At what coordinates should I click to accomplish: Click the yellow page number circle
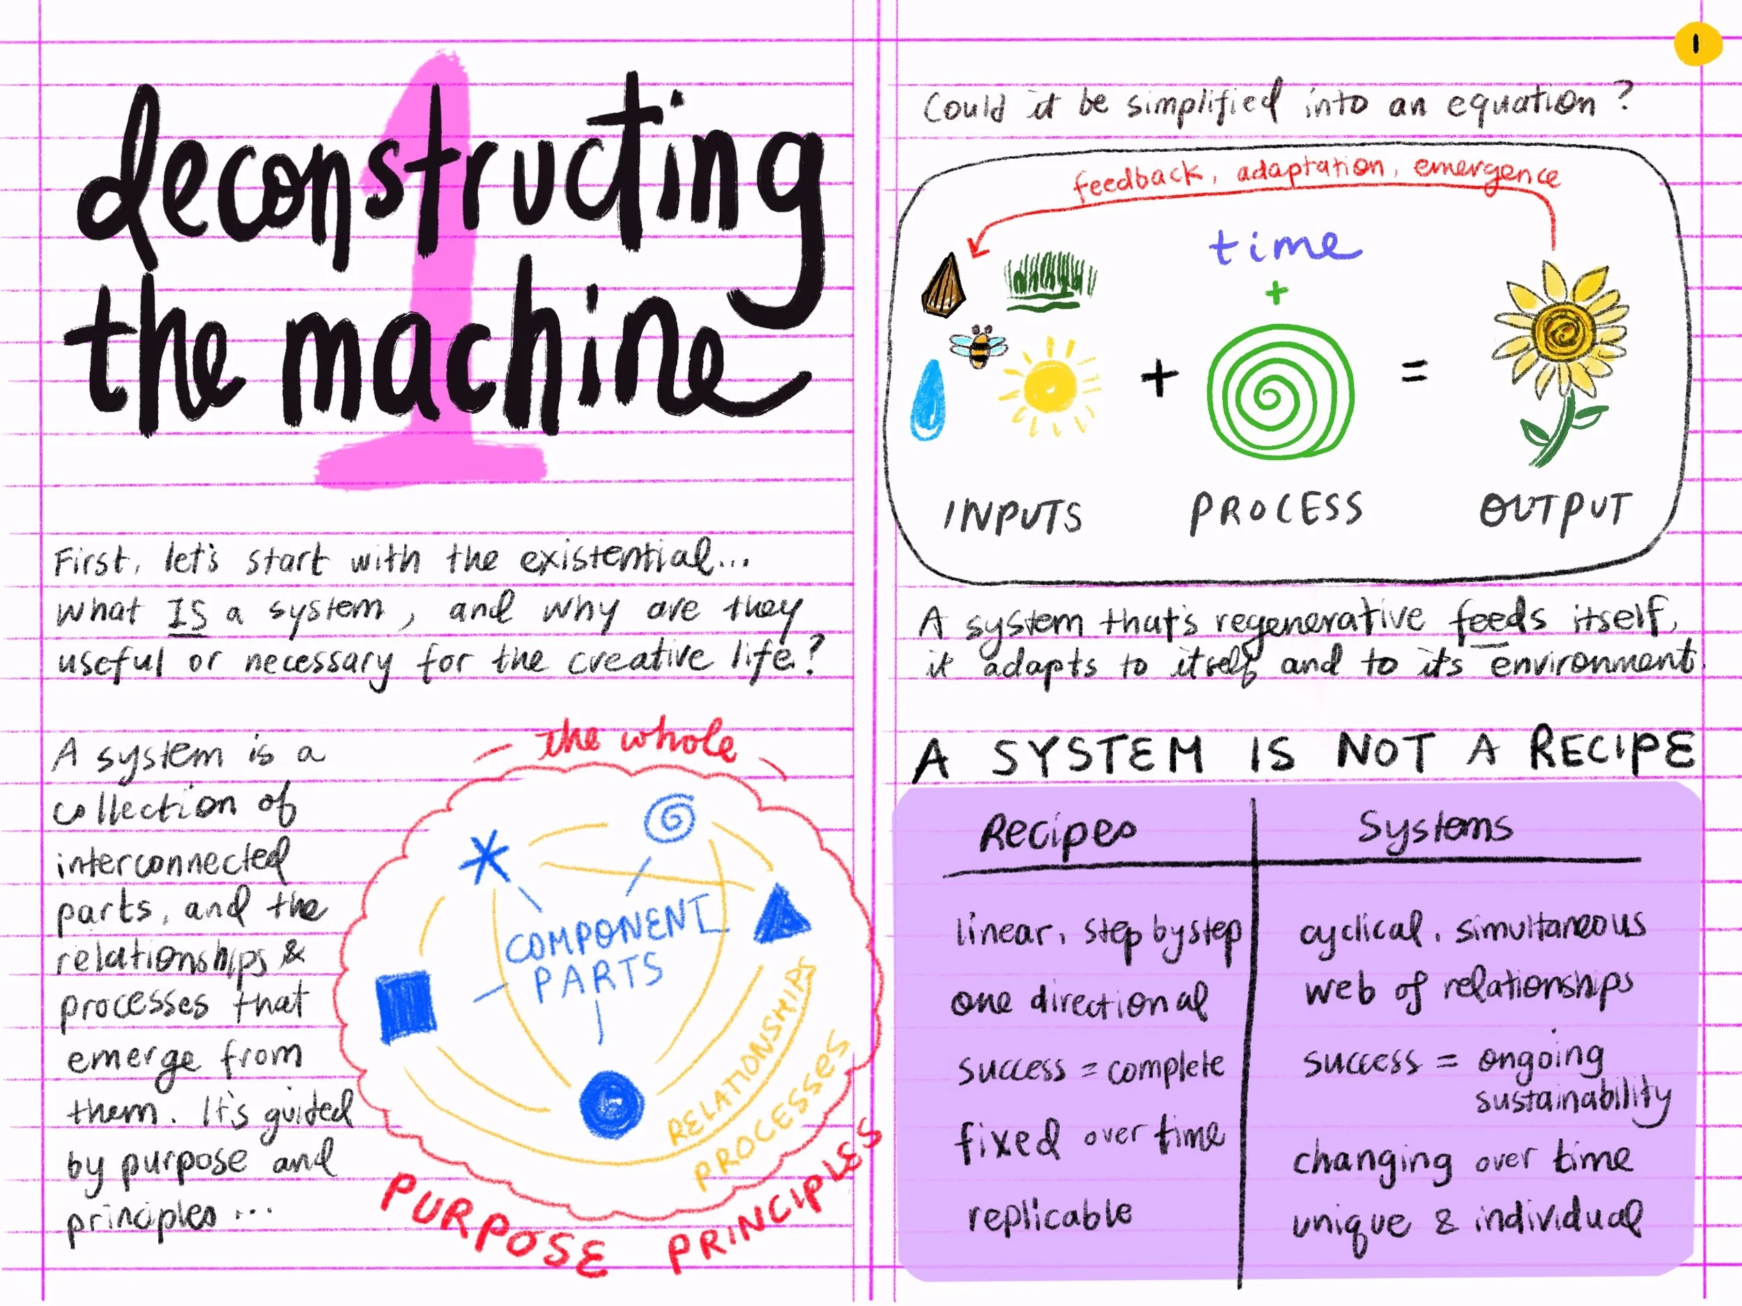[x=1696, y=44]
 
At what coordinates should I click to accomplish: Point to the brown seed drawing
[x=943, y=286]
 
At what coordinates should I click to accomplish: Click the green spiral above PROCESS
[x=1281, y=393]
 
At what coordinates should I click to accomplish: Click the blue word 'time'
[x=1284, y=246]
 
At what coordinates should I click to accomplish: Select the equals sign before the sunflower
[x=1415, y=371]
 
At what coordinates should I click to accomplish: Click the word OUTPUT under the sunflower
[x=1554, y=511]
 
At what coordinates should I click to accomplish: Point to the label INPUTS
[x=1012, y=516]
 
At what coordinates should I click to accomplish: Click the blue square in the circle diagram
[x=406, y=1005]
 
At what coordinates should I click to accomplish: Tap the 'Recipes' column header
[x=1057, y=834]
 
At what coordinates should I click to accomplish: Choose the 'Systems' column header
[x=1434, y=829]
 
